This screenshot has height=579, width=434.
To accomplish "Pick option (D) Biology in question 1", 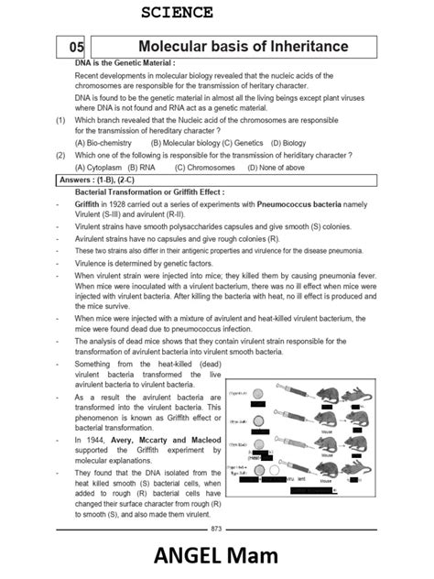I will tap(288, 143).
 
